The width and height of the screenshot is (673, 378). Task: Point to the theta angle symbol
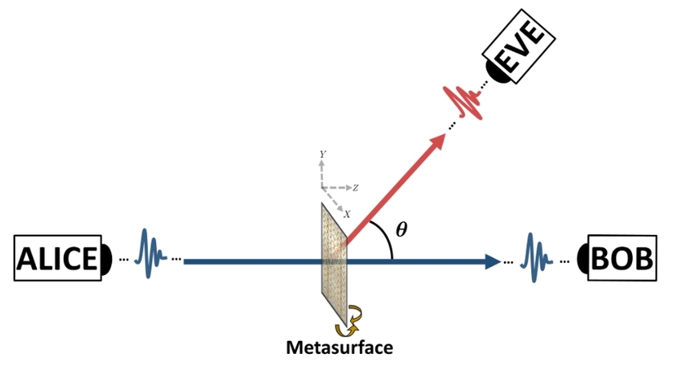click(x=402, y=228)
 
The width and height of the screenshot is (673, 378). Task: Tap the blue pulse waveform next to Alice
click(x=150, y=254)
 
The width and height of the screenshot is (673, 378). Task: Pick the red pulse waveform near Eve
click(x=466, y=101)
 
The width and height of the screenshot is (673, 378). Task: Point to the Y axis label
click(x=322, y=153)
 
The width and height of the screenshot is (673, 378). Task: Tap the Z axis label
click(x=355, y=187)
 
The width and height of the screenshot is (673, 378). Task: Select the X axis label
click(x=348, y=214)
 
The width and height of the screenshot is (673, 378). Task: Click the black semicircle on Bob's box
click(x=584, y=260)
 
